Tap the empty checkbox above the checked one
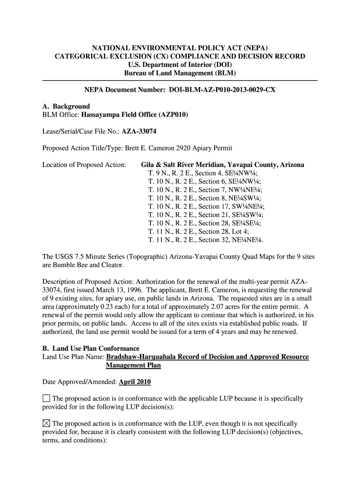(x=46, y=399)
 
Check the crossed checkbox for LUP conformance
(x=46, y=424)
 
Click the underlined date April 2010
(x=135, y=382)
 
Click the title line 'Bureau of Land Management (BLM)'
(x=180, y=73)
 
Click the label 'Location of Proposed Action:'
(x=84, y=165)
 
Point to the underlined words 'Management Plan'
(x=133, y=365)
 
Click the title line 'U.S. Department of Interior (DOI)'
(x=180, y=65)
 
